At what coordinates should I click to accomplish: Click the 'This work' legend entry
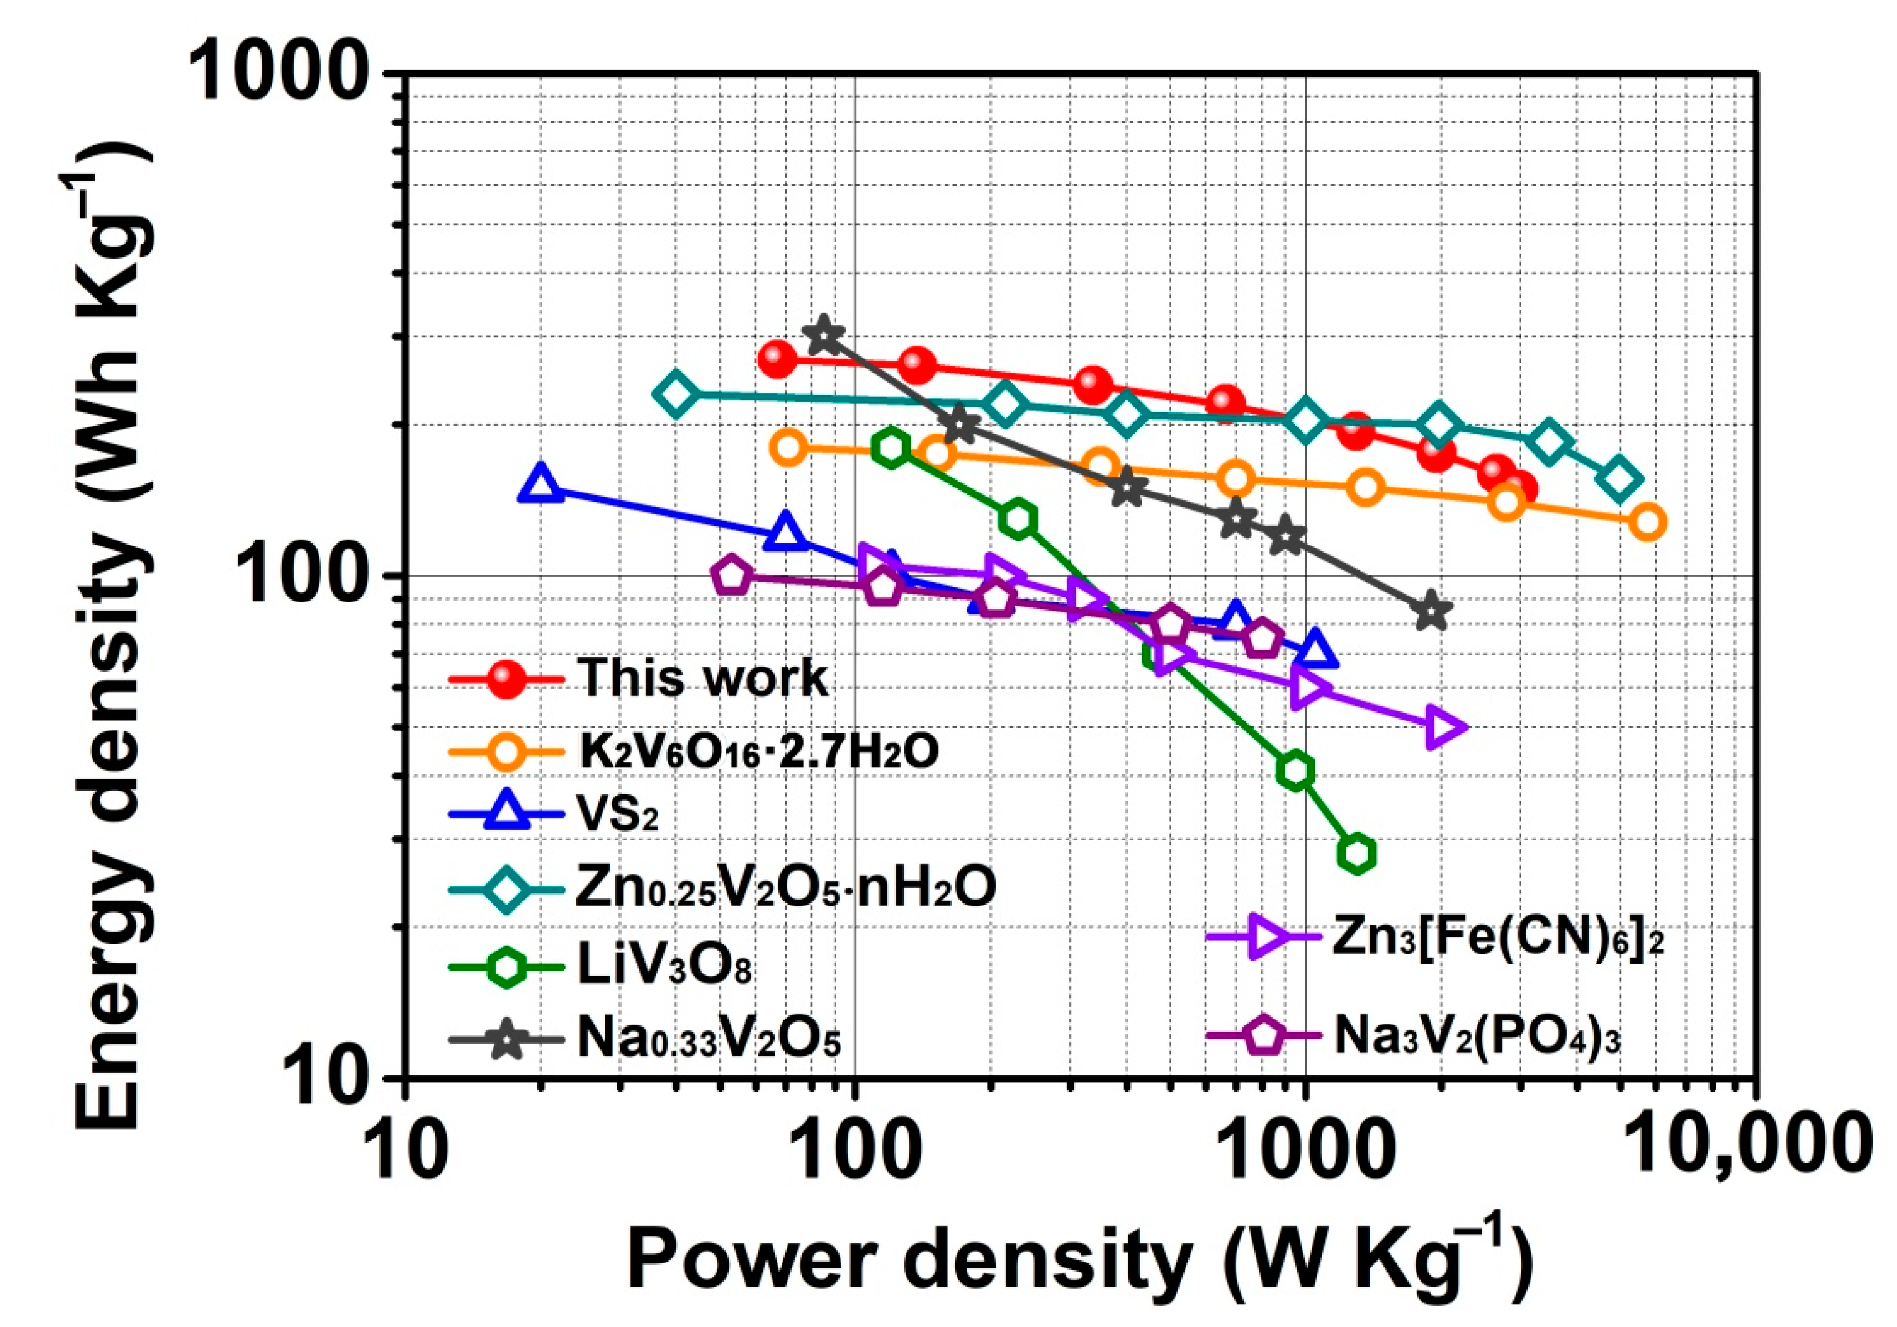(703, 678)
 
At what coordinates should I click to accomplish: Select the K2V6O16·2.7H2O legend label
(759, 750)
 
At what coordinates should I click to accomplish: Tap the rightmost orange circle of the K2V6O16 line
(1647, 522)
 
